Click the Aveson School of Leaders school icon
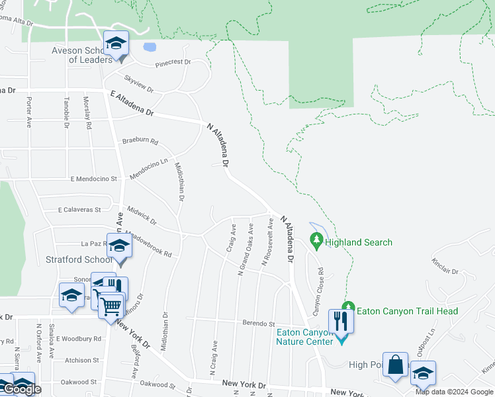[x=116, y=44]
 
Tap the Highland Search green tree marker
[x=316, y=242]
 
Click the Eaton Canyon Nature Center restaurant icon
[x=341, y=321]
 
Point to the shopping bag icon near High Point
[x=395, y=365]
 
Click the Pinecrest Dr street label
[x=173, y=64]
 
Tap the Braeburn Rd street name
[x=140, y=142]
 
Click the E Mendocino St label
[x=93, y=179]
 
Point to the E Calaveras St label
[x=79, y=210]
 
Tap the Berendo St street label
[x=259, y=324]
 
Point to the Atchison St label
[x=82, y=360]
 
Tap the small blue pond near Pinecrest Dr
[x=150, y=48]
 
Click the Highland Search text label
[x=359, y=242]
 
